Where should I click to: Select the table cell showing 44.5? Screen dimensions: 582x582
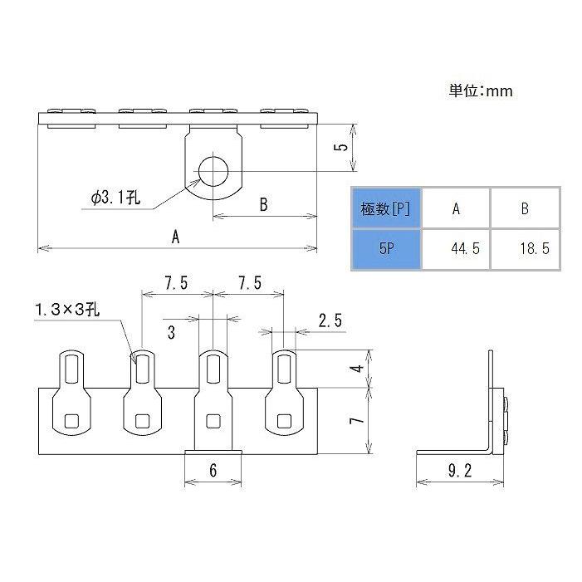(x=456, y=248)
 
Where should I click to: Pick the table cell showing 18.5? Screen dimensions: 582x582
(x=524, y=248)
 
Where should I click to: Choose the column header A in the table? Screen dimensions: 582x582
(x=456, y=208)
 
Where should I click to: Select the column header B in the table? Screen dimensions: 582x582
(x=524, y=208)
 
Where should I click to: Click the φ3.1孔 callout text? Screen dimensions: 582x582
(x=116, y=198)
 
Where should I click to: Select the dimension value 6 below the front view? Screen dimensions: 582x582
(x=213, y=471)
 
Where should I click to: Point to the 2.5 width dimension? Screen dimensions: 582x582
(x=329, y=320)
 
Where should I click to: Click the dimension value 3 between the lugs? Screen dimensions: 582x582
(x=171, y=333)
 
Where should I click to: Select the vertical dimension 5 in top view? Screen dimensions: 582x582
(x=340, y=147)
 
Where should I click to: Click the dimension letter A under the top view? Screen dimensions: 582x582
(x=175, y=237)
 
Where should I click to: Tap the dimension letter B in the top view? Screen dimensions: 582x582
(x=263, y=205)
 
